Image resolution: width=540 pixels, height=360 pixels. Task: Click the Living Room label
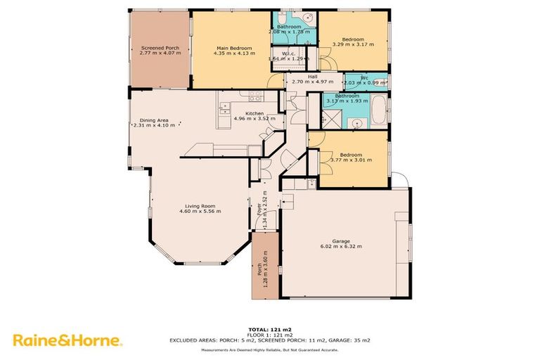(200, 205)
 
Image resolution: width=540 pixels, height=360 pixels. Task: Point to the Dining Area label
(153, 120)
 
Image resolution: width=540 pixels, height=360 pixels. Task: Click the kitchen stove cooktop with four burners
(253, 96)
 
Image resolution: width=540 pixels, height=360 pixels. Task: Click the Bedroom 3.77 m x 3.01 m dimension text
(351, 160)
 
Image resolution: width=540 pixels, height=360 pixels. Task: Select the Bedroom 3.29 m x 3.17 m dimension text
(353, 44)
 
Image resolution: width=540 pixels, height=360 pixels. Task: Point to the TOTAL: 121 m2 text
(269, 329)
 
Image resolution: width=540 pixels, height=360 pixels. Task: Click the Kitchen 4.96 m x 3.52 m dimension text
(254, 119)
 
